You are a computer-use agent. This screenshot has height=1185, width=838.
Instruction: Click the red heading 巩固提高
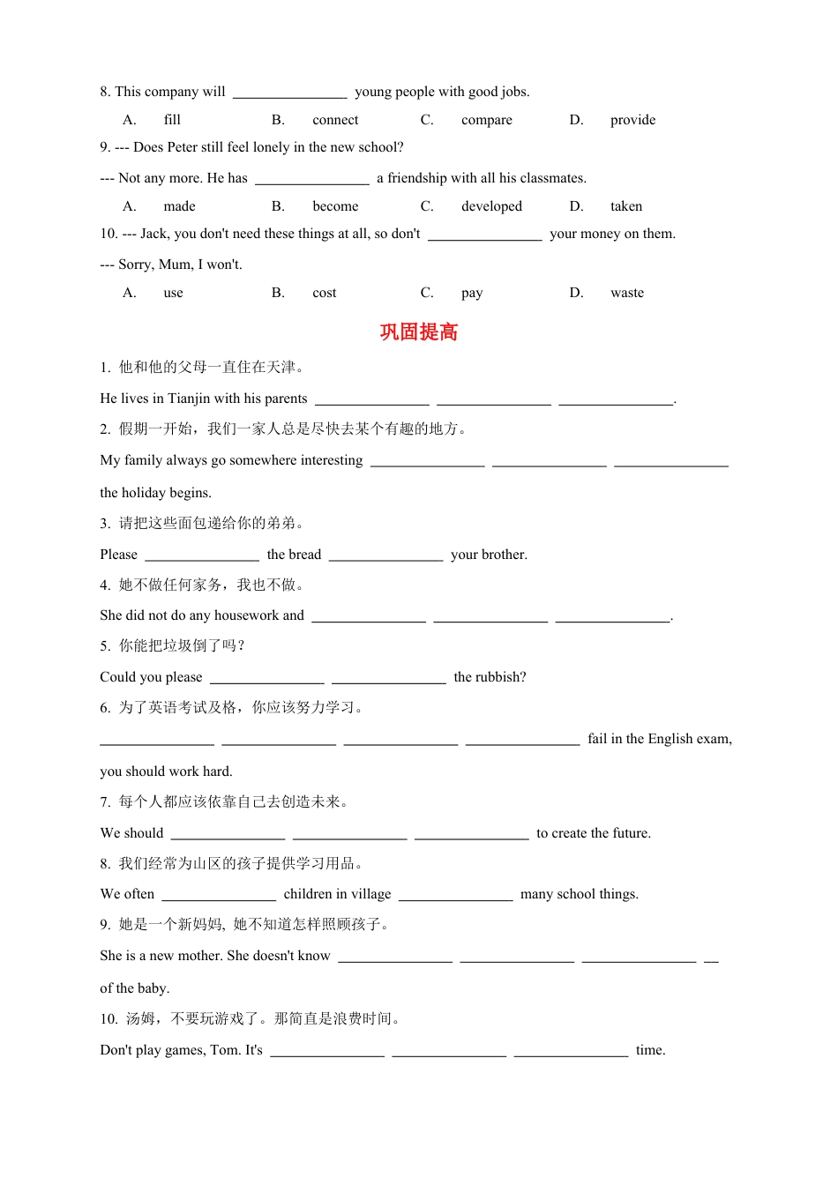pyautogui.click(x=419, y=332)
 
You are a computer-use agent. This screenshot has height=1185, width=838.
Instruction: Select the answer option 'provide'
pyautogui.click(x=632, y=120)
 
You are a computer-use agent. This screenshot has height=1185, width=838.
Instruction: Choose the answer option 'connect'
pyautogui.click(x=335, y=120)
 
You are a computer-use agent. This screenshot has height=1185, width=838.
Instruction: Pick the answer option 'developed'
pyautogui.click(x=491, y=206)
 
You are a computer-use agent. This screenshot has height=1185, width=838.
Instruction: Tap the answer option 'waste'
pyautogui.click(x=627, y=293)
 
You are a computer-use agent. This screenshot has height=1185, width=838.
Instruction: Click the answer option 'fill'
pyautogui.click(x=172, y=120)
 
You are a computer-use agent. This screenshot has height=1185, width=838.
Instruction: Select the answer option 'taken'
pyautogui.click(x=626, y=206)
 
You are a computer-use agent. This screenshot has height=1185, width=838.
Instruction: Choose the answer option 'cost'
pyautogui.click(x=325, y=293)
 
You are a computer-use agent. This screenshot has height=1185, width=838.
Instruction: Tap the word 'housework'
pyautogui.click(x=240, y=615)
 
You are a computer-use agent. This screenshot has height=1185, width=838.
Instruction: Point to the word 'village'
pyautogui.click(x=370, y=894)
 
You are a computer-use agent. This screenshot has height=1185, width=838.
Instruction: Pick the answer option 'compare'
pyautogui.click(x=486, y=120)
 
